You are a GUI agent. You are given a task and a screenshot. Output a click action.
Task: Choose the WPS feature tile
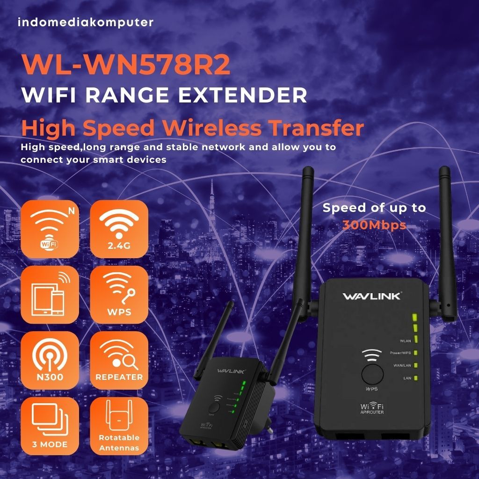pos(119,295)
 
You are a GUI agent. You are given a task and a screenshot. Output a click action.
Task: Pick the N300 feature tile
pos(50,360)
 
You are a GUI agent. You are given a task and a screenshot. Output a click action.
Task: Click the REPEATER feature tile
pos(119,360)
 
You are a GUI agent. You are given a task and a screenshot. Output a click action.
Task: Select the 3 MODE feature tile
pos(50,426)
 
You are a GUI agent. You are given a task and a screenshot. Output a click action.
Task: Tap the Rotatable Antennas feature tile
pos(119,426)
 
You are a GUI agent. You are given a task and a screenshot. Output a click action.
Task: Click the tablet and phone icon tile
pos(50,295)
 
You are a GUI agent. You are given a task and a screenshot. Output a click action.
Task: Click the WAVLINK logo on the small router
pos(228,370)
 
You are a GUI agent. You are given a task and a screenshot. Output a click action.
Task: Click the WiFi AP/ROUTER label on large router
pos(372,408)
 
